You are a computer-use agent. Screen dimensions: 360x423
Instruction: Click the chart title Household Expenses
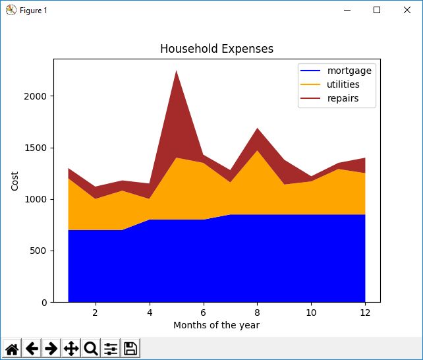click(x=217, y=49)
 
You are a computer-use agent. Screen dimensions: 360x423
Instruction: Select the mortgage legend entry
click(x=349, y=71)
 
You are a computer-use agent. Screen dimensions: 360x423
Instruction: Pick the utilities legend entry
click(x=343, y=85)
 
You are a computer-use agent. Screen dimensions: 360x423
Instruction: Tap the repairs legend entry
click(x=342, y=100)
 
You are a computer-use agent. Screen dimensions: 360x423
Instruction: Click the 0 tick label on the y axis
click(x=44, y=303)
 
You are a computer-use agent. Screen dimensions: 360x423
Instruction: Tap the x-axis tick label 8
click(x=257, y=312)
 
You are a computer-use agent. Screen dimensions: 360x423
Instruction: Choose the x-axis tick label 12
click(x=365, y=312)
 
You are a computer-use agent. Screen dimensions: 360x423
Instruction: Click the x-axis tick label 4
click(x=149, y=312)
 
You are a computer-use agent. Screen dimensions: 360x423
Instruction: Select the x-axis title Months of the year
click(x=216, y=325)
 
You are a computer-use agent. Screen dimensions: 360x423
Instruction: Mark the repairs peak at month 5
click(x=176, y=72)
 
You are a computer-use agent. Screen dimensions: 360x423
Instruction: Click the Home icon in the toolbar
click(x=12, y=349)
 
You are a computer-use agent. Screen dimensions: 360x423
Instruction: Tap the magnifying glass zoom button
click(x=91, y=349)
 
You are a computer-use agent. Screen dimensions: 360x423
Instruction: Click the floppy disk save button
click(x=130, y=349)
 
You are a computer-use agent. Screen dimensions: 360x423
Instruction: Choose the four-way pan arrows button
click(x=71, y=349)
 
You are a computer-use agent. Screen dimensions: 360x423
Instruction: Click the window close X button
click(x=407, y=10)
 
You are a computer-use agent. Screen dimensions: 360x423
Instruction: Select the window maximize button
click(x=377, y=10)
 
